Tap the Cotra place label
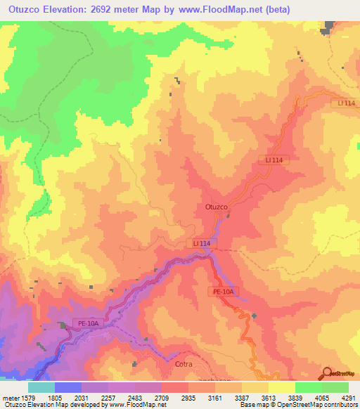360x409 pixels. [183, 365]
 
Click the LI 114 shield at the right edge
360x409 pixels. [346, 104]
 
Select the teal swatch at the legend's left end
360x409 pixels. [41, 387]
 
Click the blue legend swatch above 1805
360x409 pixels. [68, 387]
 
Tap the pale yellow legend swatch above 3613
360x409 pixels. [281, 387]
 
